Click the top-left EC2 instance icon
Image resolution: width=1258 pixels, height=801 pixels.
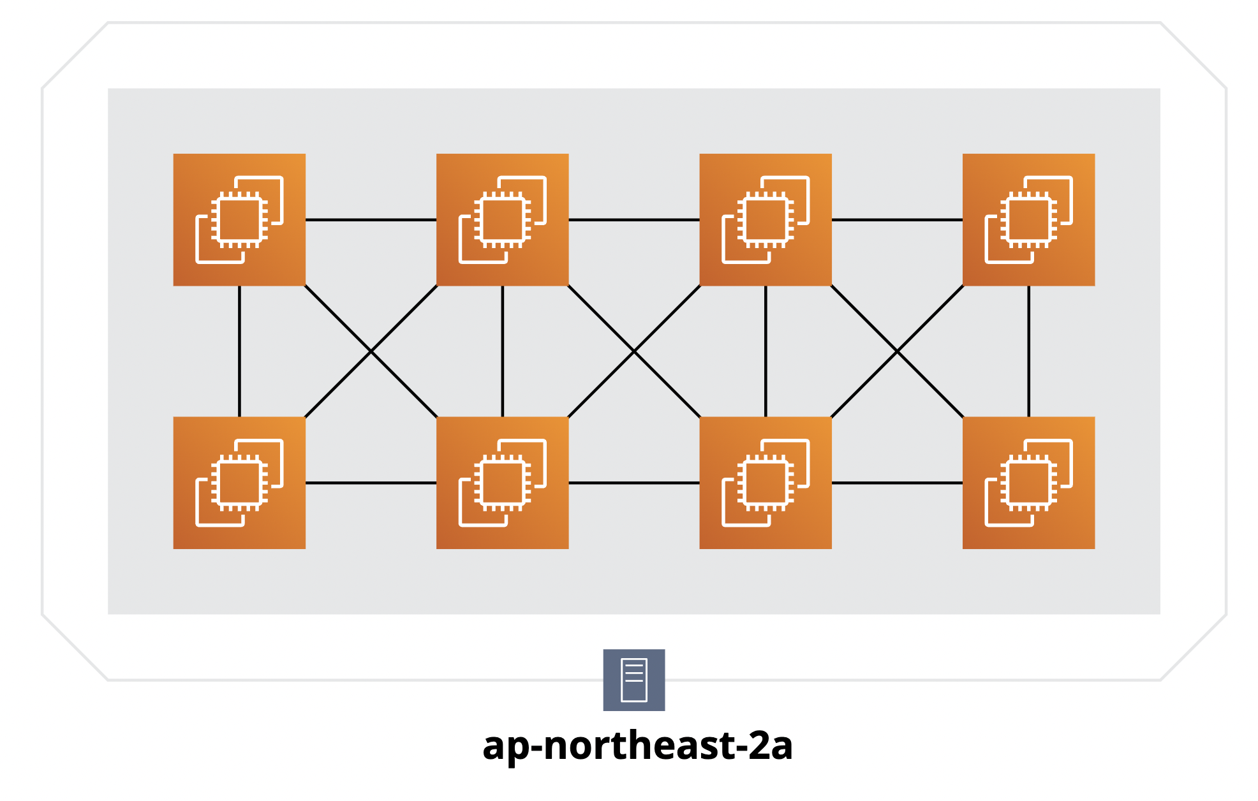coord(239,219)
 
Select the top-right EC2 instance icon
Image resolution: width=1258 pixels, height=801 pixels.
coord(1028,219)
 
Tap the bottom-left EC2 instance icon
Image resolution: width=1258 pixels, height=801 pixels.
coord(239,483)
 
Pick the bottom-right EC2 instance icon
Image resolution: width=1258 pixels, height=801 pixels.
coord(1028,483)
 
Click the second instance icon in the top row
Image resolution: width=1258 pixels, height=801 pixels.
coord(502,219)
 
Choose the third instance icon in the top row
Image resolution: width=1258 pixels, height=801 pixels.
coord(766,219)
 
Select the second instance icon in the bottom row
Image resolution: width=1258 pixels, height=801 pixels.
coord(502,483)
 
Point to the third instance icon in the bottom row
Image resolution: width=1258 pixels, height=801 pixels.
coord(766,483)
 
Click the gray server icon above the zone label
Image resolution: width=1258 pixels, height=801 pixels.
coord(634,680)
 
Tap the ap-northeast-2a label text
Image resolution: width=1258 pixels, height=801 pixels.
coord(637,745)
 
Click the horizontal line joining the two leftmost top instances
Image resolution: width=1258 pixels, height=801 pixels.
coord(371,220)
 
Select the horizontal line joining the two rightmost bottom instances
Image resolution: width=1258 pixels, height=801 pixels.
coord(897,483)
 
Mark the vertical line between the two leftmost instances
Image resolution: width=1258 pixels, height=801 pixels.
coord(239,351)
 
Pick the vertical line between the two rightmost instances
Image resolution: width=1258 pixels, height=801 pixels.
coord(1028,351)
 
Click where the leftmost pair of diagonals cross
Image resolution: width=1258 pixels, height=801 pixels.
coord(371,351)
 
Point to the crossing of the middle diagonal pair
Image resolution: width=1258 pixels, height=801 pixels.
coord(634,351)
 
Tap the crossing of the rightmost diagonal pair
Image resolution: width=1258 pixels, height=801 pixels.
coord(897,351)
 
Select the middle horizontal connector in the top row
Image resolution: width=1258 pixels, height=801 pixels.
coord(634,220)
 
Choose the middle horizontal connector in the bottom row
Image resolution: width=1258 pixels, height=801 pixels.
coord(634,483)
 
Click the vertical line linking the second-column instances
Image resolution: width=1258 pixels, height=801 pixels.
coord(503,351)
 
